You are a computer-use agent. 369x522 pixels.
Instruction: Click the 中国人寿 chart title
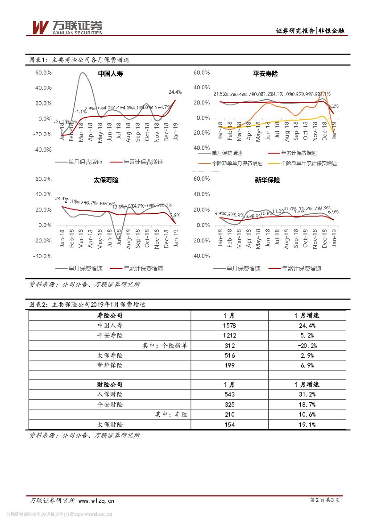[109, 74]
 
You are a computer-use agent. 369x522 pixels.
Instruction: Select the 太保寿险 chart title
[106, 180]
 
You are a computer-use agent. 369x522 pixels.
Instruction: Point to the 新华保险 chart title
[267, 180]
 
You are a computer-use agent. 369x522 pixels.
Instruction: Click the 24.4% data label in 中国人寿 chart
[175, 92]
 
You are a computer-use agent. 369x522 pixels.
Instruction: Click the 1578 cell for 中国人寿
[229, 326]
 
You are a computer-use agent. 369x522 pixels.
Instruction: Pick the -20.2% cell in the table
[307, 345]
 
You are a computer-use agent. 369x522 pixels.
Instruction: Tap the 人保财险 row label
[110, 394]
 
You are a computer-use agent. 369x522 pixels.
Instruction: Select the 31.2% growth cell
[307, 394]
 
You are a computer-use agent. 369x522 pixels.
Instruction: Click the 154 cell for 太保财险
[229, 424]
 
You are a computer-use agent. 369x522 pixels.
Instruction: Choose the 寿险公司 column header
[110, 315]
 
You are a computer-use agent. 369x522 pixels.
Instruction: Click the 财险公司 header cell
[110, 384]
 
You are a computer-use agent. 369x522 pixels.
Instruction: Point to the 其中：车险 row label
[171, 414]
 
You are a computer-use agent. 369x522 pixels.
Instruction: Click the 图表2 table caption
[87, 305]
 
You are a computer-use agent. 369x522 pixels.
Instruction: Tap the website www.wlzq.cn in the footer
[97, 501]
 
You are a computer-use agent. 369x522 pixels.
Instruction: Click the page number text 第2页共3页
[324, 501]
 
